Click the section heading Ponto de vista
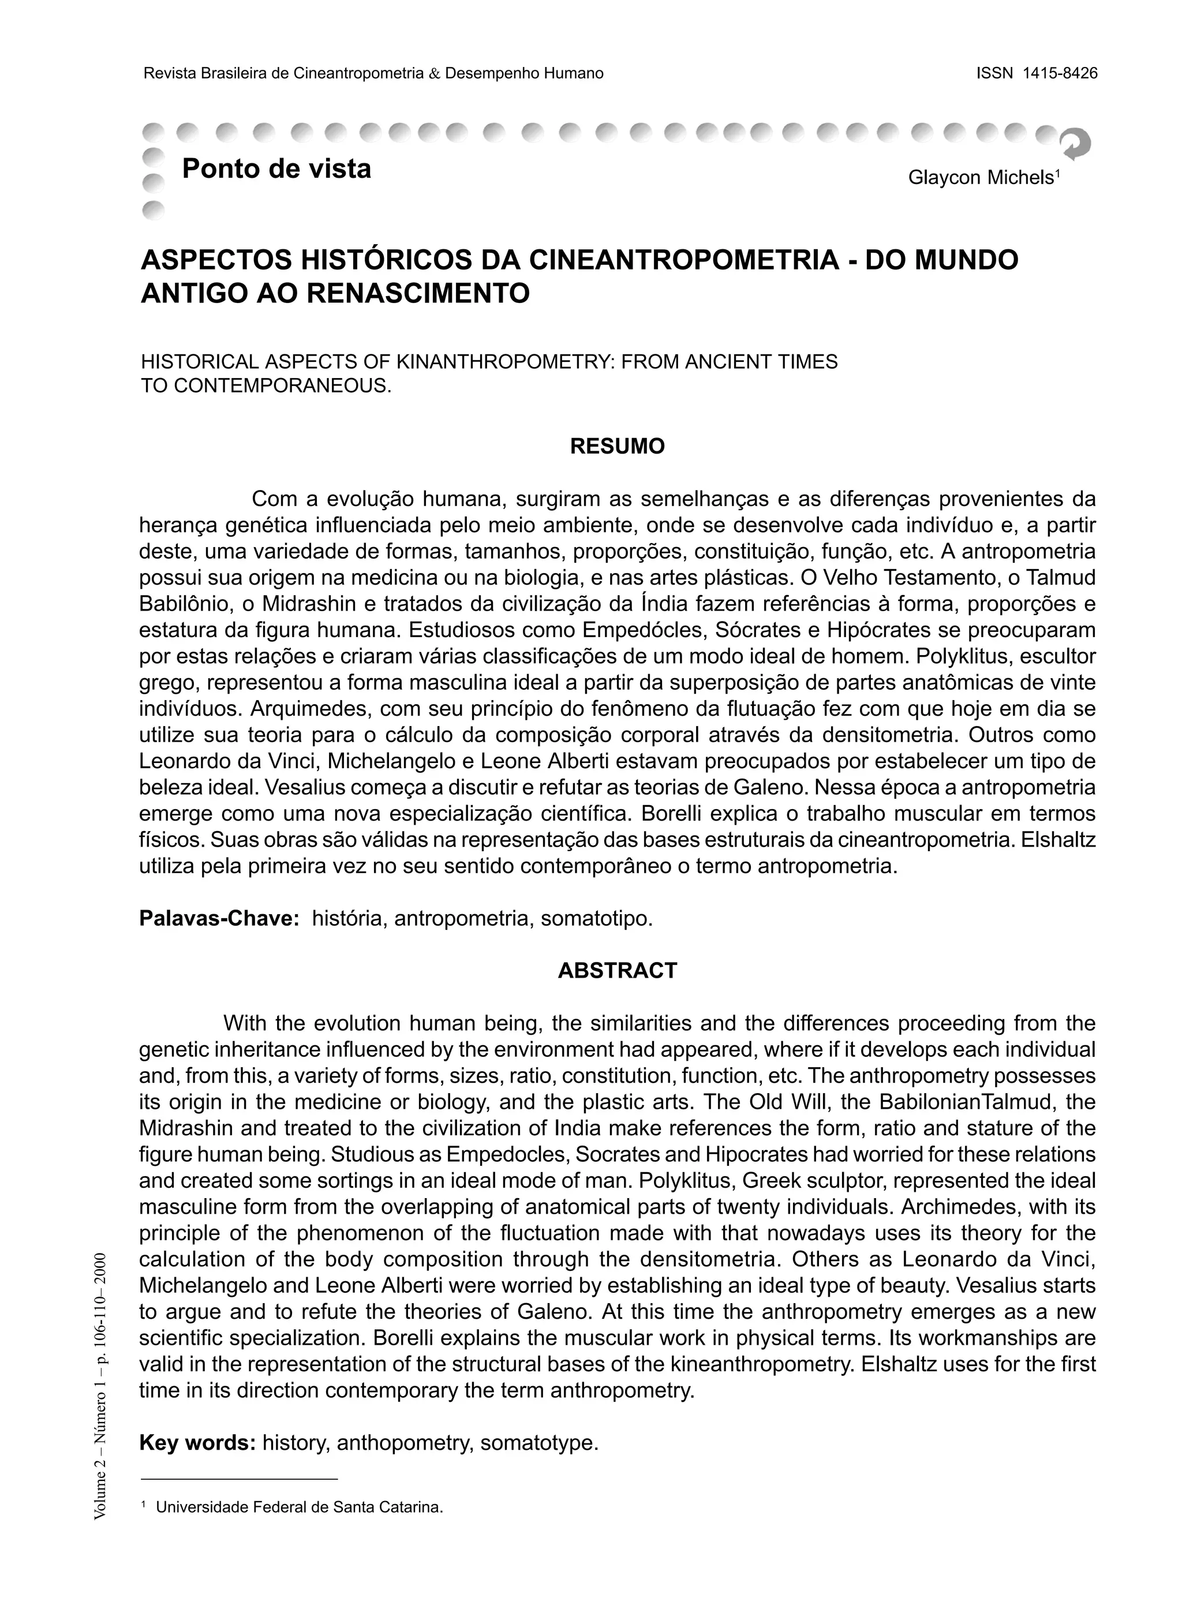point(276,169)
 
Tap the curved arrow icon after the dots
point(1075,143)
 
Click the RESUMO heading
point(617,447)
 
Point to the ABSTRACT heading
point(617,970)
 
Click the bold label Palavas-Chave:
point(219,918)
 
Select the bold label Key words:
point(197,1443)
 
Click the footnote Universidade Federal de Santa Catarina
point(299,1507)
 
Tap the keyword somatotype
point(539,1443)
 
